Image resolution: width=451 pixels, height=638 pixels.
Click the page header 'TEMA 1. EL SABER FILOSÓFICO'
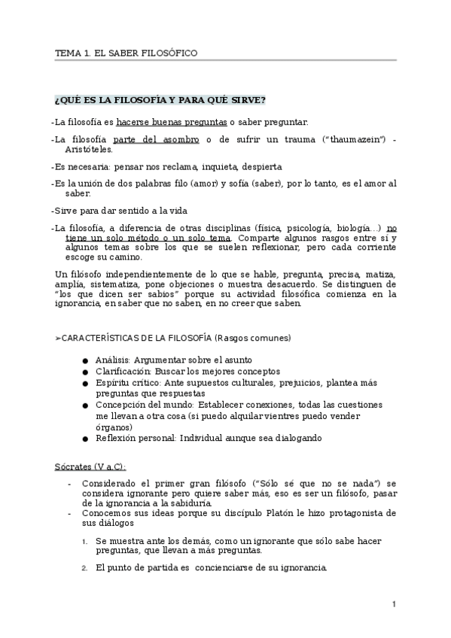coord(126,53)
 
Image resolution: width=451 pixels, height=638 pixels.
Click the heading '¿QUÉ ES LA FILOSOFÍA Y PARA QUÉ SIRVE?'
coord(160,100)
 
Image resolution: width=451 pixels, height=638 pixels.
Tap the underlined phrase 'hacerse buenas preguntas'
coord(171,122)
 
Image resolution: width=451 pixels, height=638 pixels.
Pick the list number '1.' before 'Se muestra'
coord(84,541)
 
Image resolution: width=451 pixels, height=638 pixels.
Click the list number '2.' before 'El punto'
coord(84,567)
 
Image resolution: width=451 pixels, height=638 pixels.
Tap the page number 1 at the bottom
coord(394,604)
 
